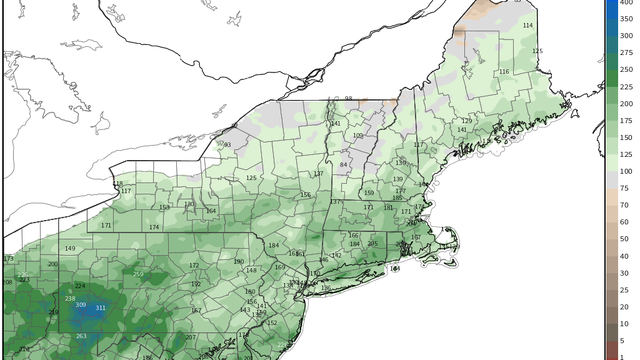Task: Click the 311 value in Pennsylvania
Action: pos(100,308)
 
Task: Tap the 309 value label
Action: pos(81,305)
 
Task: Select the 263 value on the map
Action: pos(81,336)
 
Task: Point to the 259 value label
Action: pos(138,275)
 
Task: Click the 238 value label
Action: pos(70,299)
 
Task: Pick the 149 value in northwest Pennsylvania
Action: pos(70,248)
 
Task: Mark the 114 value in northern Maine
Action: pos(528,25)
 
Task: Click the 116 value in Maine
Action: pos(504,72)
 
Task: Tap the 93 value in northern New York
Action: pos(227,145)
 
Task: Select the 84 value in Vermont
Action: pos(343,165)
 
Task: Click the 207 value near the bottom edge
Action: pos(190,338)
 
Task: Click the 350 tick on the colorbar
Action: pos(624,34)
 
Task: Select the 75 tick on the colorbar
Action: pos(624,187)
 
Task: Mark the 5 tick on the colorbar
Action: pos(624,341)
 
